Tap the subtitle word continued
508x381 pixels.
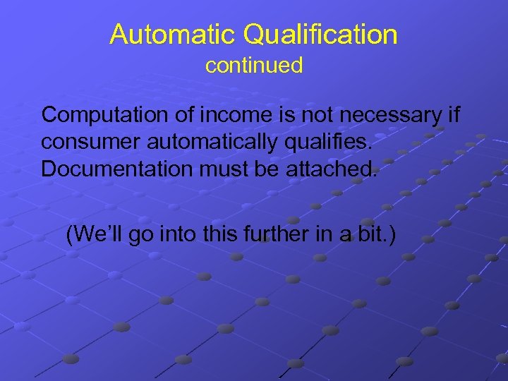pos(254,66)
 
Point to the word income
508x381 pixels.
pos(219,114)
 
